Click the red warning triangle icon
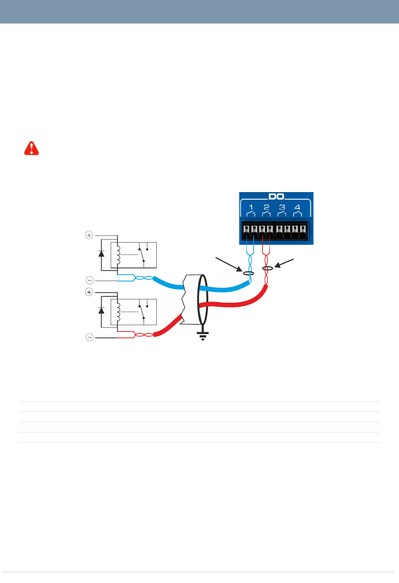click(x=31, y=148)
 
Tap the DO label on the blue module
click(x=276, y=197)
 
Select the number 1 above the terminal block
click(x=251, y=207)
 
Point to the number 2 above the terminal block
click(x=266, y=207)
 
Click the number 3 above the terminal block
click(x=282, y=207)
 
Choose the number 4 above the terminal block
click(x=297, y=207)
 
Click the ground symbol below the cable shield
click(x=203, y=336)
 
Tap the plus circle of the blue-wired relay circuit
click(x=89, y=235)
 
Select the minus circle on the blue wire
click(x=90, y=280)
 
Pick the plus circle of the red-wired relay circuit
click(x=89, y=292)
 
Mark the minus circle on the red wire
click(x=90, y=337)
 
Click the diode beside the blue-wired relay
click(x=101, y=253)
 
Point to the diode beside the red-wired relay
click(x=101, y=310)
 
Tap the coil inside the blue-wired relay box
click(x=119, y=255)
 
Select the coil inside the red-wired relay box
click(x=119, y=312)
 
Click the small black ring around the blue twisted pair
click(x=249, y=274)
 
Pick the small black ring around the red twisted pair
click(x=267, y=268)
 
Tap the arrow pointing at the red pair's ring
click(x=285, y=263)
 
